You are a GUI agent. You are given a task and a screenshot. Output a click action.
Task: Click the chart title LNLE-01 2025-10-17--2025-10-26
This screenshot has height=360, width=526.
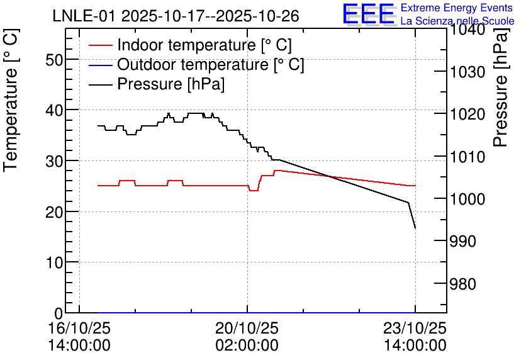[x=176, y=16]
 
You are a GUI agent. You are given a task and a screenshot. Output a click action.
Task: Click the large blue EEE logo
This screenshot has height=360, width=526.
[x=368, y=14]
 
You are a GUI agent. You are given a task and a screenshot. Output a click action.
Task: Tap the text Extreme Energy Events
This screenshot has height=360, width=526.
[x=457, y=8]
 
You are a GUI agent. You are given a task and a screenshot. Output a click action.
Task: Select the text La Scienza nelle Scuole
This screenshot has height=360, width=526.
[x=457, y=21]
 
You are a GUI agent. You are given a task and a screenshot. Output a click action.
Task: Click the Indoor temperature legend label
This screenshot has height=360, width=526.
[x=204, y=45]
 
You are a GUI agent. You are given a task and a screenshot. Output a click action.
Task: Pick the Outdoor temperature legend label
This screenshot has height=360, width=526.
[x=211, y=64]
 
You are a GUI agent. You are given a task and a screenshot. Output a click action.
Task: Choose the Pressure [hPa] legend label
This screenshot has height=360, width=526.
[x=171, y=84]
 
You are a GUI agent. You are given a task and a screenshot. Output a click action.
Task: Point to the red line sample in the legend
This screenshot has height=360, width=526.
[x=100, y=45]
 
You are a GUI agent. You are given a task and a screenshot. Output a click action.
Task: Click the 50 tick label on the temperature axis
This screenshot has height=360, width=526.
[x=54, y=60]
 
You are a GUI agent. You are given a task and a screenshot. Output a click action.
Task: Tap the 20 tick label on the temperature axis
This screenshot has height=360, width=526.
[x=54, y=212]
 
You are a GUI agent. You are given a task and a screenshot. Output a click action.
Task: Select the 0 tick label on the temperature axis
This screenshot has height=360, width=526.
[x=59, y=313]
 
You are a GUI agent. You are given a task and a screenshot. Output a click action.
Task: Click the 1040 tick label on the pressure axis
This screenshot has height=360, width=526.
[x=467, y=30]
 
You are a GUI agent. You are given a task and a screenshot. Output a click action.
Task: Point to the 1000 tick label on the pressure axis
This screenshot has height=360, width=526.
[x=467, y=200]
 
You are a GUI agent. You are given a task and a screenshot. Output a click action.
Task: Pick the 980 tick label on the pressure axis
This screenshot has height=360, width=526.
[x=462, y=284]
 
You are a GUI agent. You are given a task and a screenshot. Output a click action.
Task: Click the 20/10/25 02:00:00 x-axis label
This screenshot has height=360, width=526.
[x=247, y=337]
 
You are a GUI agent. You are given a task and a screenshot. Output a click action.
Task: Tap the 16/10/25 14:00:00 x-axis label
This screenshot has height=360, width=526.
[x=79, y=337]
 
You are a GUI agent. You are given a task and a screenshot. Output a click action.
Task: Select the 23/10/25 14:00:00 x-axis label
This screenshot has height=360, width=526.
[x=415, y=337]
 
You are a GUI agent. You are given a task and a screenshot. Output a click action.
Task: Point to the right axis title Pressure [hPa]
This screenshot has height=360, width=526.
[x=501, y=88]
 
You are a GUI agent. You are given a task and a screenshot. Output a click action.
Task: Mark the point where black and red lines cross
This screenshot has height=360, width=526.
[x=330, y=176]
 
